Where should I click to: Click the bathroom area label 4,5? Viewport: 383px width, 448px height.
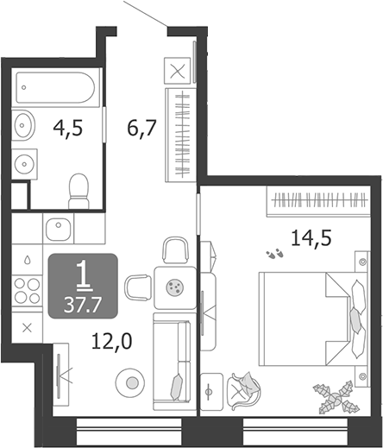click(x=68, y=129)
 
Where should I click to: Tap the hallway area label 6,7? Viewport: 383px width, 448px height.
click(x=141, y=129)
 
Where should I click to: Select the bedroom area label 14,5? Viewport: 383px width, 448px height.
click(x=311, y=238)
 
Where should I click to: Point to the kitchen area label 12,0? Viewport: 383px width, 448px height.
click(x=112, y=341)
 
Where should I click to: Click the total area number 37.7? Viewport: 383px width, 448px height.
click(x=83, y=305)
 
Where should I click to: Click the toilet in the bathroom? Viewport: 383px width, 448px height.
click(x=78, y=191)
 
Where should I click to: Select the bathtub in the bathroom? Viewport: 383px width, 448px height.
click(x=55, y=87)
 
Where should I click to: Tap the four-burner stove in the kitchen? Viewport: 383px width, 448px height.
click(x=27, y=291)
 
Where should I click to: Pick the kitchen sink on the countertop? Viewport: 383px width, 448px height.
click(x=59, y=230)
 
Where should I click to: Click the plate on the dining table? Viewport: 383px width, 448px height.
click(x=175, y=287)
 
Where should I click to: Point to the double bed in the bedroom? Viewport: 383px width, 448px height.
click(x=313, y=319)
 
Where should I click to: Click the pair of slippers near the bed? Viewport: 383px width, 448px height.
click(x=274, y=254)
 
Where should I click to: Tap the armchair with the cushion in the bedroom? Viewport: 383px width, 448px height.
click(x=243, y=390)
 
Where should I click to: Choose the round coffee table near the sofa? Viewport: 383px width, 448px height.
click(x=130, y=382)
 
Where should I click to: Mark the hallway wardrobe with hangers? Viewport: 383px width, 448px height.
click(x=181, y=135)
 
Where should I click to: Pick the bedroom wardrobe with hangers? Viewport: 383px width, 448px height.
click(x=318, y=201)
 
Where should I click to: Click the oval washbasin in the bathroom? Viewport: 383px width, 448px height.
click(x=23, y=125)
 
